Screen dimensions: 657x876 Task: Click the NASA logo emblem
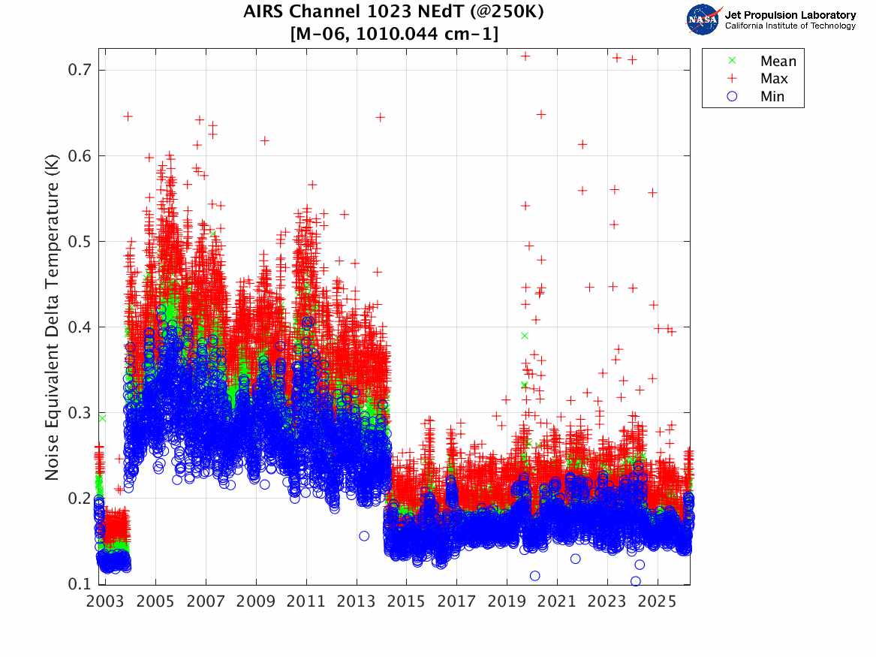(x=704, y=20)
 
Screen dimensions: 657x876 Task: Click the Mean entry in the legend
(x=778, y=62)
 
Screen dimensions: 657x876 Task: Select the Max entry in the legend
(x=773, y=79)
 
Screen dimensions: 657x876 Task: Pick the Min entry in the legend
(x=772, y=96)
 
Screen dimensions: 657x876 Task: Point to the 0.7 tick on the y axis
(x=79, y=70)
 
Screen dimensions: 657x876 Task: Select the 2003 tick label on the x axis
(x=105, y=602)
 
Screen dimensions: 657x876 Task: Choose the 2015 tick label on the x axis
(x=406, y=602)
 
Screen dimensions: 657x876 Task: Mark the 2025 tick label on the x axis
(x=658, y=602)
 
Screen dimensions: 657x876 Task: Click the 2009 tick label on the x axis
(x=256, y=602)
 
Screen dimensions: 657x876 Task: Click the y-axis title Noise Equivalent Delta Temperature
(x=52, y=315)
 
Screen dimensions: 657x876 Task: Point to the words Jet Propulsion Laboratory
(x=790, y=15)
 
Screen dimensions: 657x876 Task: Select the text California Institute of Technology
(x=790, y=26)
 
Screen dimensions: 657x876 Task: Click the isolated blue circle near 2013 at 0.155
(x=364, y=535)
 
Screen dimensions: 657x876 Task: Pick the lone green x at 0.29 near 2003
(x=102, y=417)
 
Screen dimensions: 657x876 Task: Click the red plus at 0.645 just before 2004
(x=128, y=116)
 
